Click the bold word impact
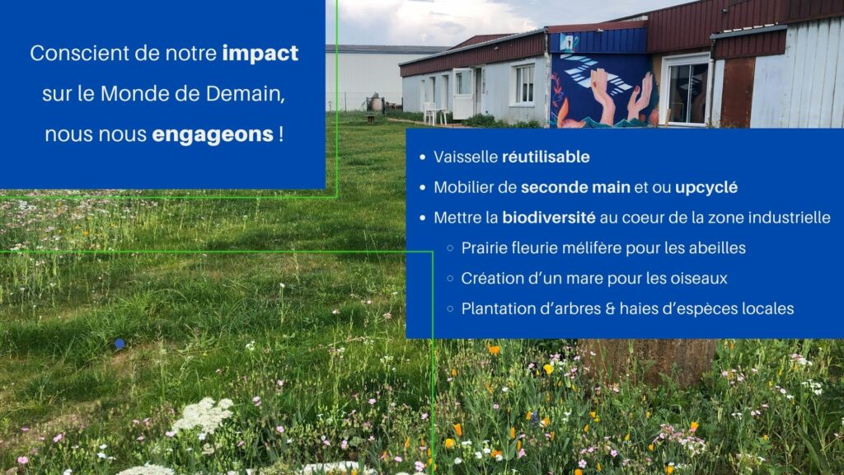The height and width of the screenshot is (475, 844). (260, 54)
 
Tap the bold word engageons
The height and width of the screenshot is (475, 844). (213, 135)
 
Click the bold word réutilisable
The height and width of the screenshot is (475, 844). (546, 157)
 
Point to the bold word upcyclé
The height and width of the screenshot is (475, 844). (706, 188)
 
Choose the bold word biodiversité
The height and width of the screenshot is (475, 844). (548, 218)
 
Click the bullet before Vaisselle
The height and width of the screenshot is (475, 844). (423, 158)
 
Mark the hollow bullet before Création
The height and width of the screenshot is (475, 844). (451, 279)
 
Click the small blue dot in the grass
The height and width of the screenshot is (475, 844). (120, 344)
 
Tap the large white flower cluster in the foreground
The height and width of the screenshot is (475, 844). (203, 414)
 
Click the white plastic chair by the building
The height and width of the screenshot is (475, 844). (429, 112)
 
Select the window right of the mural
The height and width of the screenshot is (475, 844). (687, 92)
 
